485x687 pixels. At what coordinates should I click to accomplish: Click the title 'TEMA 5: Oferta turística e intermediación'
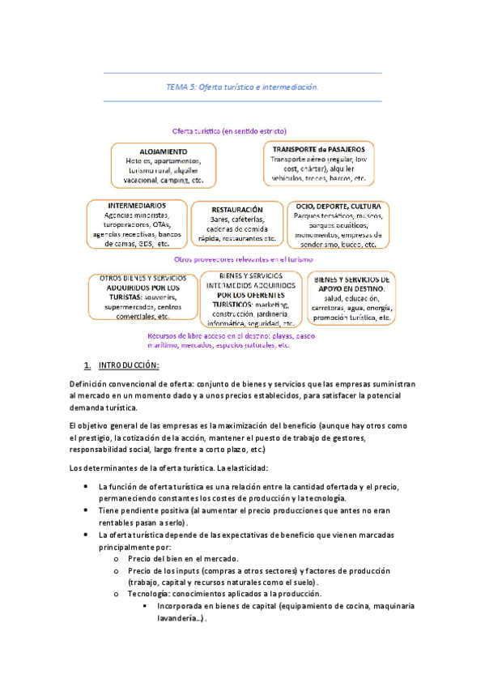pyautogui.click(x=242, y=86)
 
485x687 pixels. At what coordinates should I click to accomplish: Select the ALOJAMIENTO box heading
pyautogui.click(x=163, y=151)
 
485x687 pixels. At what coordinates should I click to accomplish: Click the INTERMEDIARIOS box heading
pyautogui.click(x=137, y=206)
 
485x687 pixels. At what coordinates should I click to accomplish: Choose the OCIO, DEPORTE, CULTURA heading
pyautogui.click(x=338, y=206)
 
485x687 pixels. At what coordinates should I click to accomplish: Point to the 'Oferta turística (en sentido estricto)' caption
pyautogui.click(x=229, y=130)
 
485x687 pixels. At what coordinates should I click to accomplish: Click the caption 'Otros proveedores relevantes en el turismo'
pyautogui.click(x=243, y=259)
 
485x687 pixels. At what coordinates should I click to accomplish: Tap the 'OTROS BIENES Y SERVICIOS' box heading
pyautogui.click(x=142, y=278)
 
